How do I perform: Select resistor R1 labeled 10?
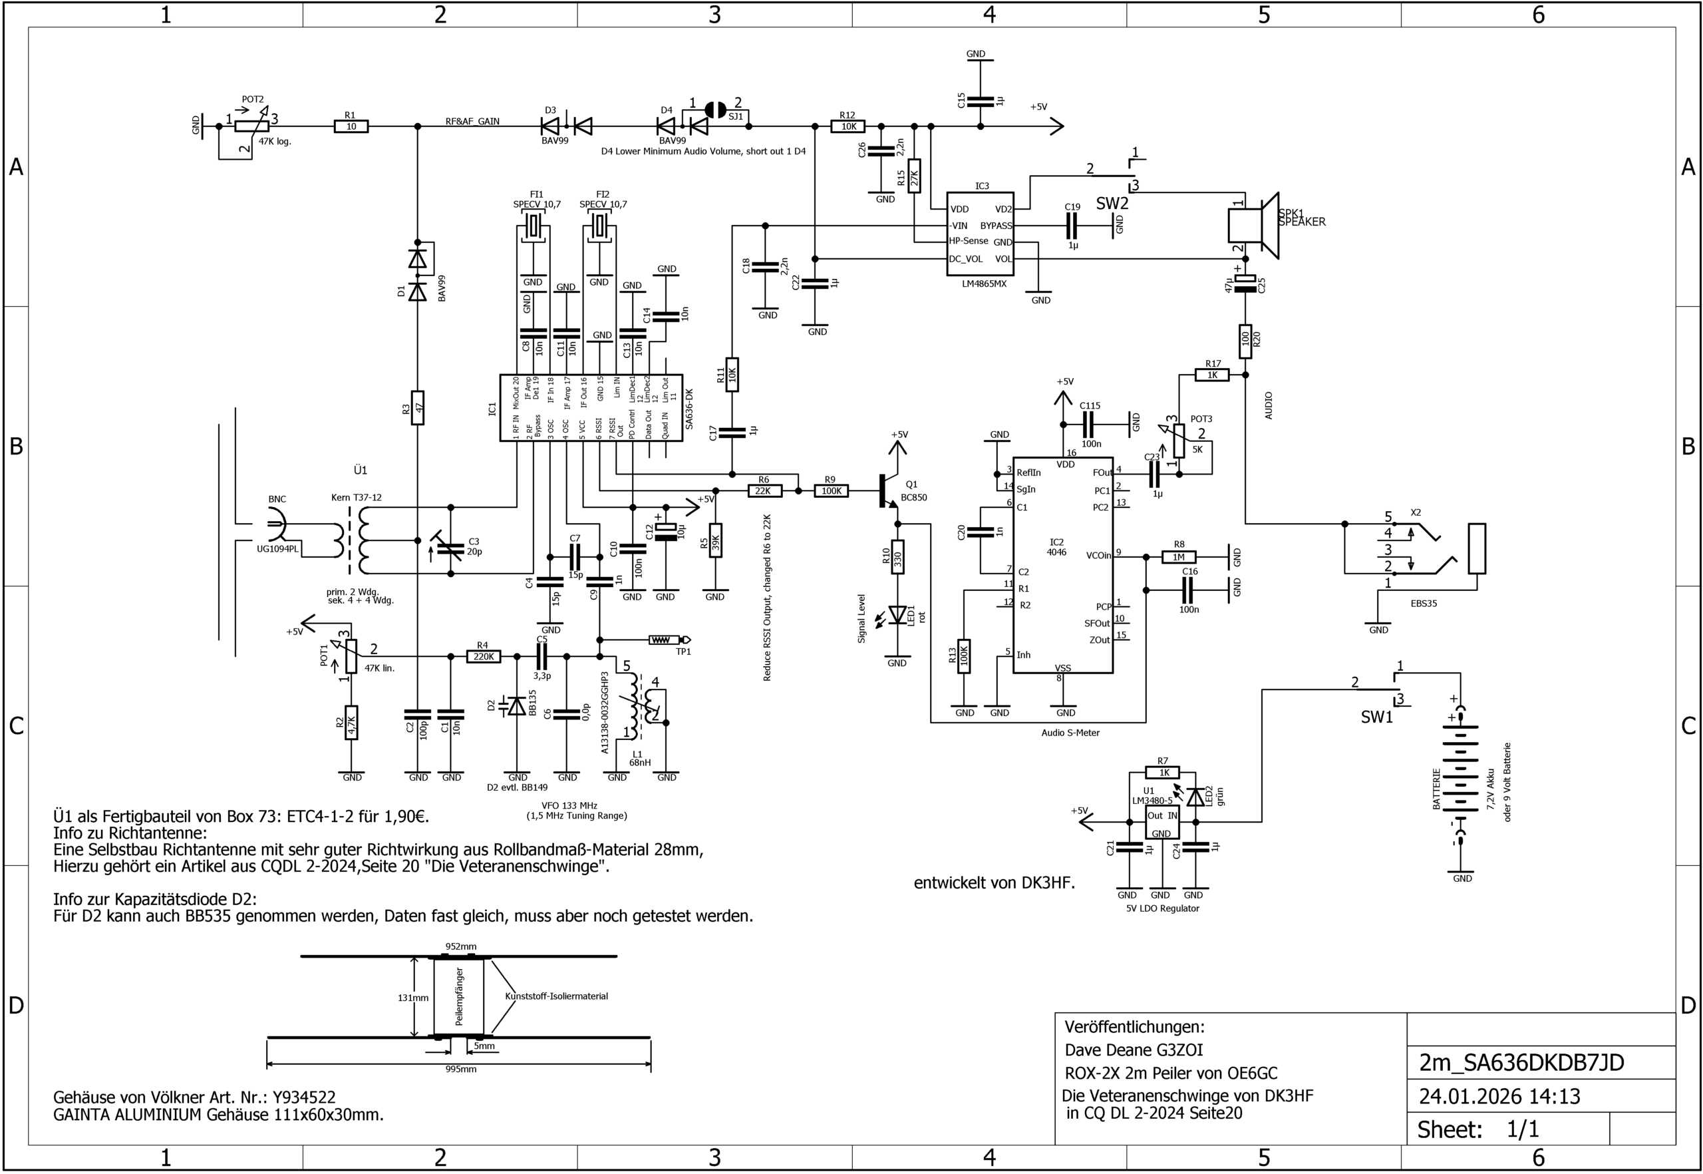(351, 126)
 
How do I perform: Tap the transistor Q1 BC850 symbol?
(889, 490)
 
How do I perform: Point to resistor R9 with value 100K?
(831, 490)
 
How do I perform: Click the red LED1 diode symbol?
(897, 614)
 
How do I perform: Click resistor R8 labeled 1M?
(1179, 557)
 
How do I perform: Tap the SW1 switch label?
(1376, 717)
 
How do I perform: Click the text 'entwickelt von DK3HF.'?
(994, 883)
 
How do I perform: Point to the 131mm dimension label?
(413, 998)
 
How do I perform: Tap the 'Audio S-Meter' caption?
(1070, 733)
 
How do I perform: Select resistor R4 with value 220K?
(483, 656)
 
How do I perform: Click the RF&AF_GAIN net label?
(472, 121)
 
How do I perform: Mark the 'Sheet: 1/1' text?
(1478, 1129)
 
